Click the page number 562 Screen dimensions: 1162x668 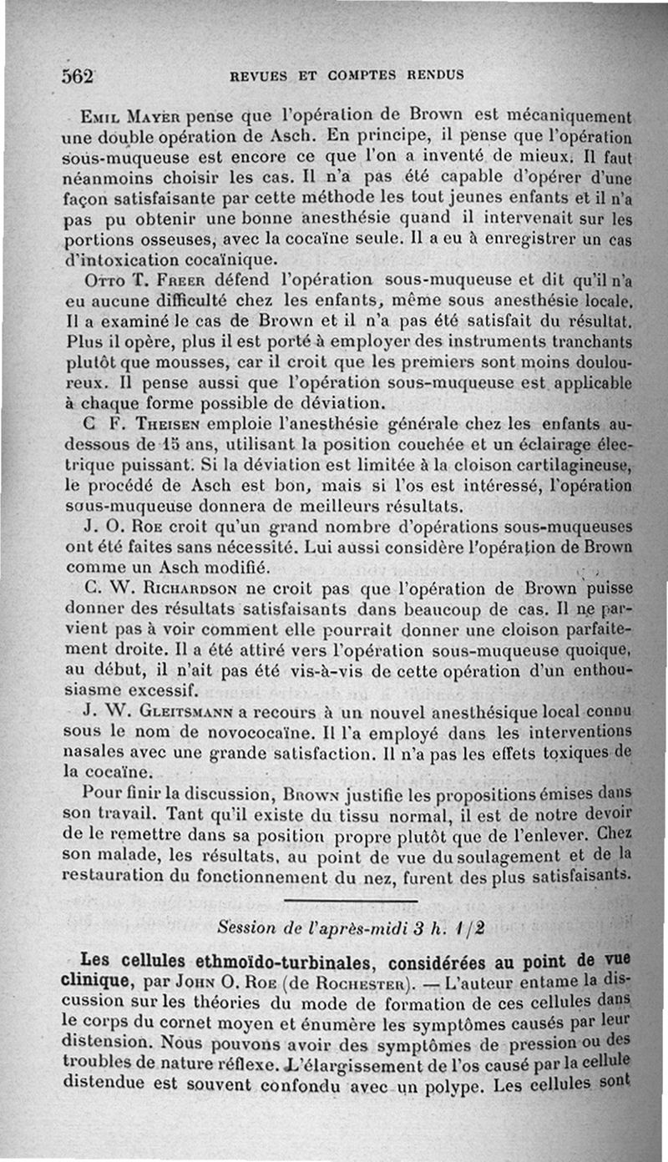pos(76,73)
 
